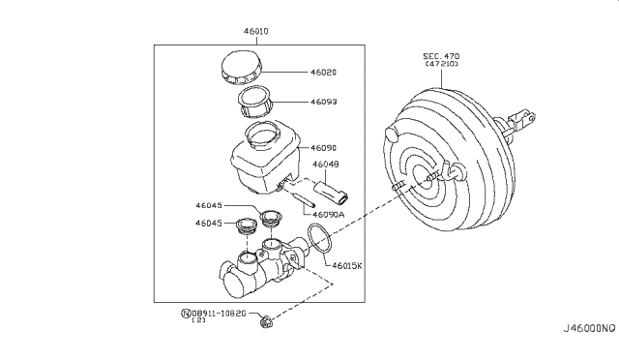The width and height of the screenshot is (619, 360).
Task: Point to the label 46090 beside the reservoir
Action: coord(324,148)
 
